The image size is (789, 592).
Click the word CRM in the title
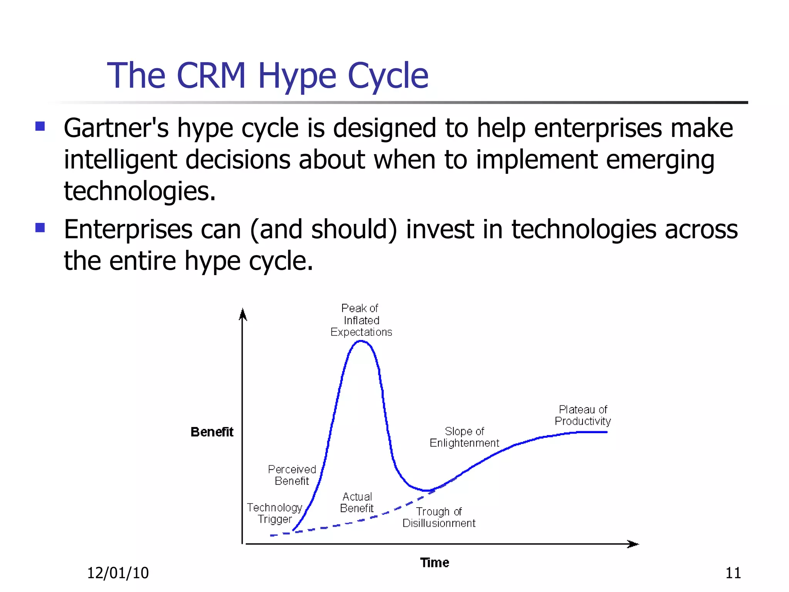click(211, 76)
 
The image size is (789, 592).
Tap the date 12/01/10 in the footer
click(118, 573)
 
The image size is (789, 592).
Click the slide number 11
click(733, 573)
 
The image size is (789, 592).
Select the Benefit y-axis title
click(212, 432)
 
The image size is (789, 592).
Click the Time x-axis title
click(435, 563)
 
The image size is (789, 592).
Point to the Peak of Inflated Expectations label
click(361, 320)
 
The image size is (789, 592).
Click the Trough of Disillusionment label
click(439, 518)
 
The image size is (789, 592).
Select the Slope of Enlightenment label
click(464, 437)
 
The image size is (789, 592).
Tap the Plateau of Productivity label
click(583, 415)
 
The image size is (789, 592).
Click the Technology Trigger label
click(275, 513)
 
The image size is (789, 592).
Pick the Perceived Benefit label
click(292, 475)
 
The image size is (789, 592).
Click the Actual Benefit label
click(357, 503)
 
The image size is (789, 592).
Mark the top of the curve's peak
click(361, 341)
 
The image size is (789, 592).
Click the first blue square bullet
click(40, 126)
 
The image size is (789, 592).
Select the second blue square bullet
click(40, 227)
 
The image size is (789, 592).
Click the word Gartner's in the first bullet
click(116, 128)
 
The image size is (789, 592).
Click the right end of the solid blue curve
click(606, 432)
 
